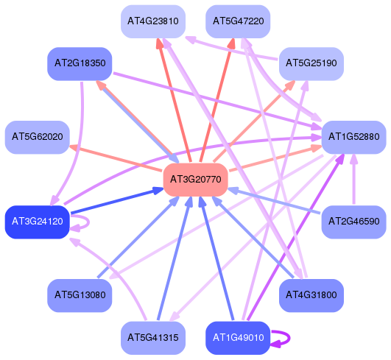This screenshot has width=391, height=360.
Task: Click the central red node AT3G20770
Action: click(196, 180)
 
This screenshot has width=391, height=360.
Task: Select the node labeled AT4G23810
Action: click(153, 21)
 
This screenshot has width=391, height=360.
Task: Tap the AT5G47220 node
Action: click(238, 21)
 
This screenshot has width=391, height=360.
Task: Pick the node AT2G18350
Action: click(80, 64)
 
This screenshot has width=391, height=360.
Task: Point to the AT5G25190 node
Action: click(311, 64)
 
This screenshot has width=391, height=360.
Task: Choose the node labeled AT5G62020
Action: click(38, 137)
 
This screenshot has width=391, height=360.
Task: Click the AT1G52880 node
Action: click(353, 137)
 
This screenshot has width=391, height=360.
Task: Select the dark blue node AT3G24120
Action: click(38, 222)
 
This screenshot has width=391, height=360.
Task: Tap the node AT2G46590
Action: click(353, 222)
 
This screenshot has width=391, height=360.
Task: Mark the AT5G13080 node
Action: click(80, 295)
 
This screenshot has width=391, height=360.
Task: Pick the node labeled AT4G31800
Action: click(311, 295)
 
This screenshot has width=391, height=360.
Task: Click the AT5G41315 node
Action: click(153, 338)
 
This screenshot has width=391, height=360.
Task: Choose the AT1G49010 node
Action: click(238, 338)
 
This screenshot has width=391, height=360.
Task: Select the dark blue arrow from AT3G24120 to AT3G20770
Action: click(117, 201)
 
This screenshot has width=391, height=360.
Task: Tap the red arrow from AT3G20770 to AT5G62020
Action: click(116, 158)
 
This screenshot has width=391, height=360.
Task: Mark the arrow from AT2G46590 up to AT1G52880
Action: click(353, 180)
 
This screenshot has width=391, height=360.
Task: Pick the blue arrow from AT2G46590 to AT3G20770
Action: click(274, 201)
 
